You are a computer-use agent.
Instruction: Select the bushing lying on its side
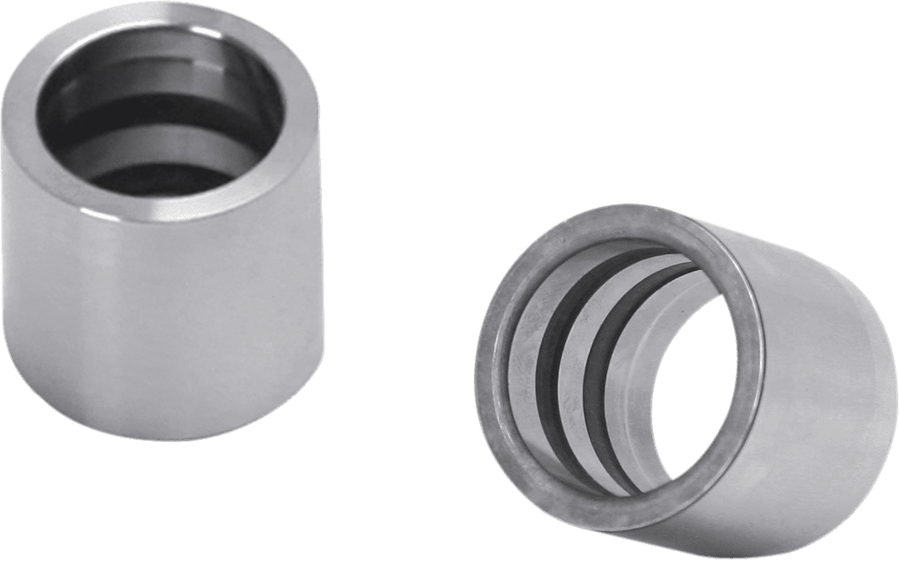point(681,375)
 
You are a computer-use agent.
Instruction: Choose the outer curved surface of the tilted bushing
point(817,383)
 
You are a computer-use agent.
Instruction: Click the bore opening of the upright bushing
point(162,111)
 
